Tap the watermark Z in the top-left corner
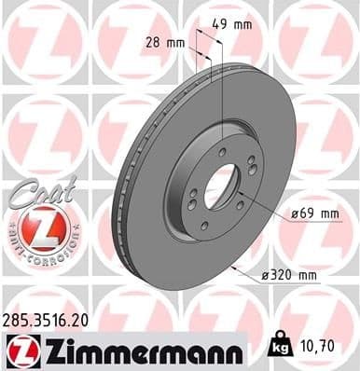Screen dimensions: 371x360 coord(42,42)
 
